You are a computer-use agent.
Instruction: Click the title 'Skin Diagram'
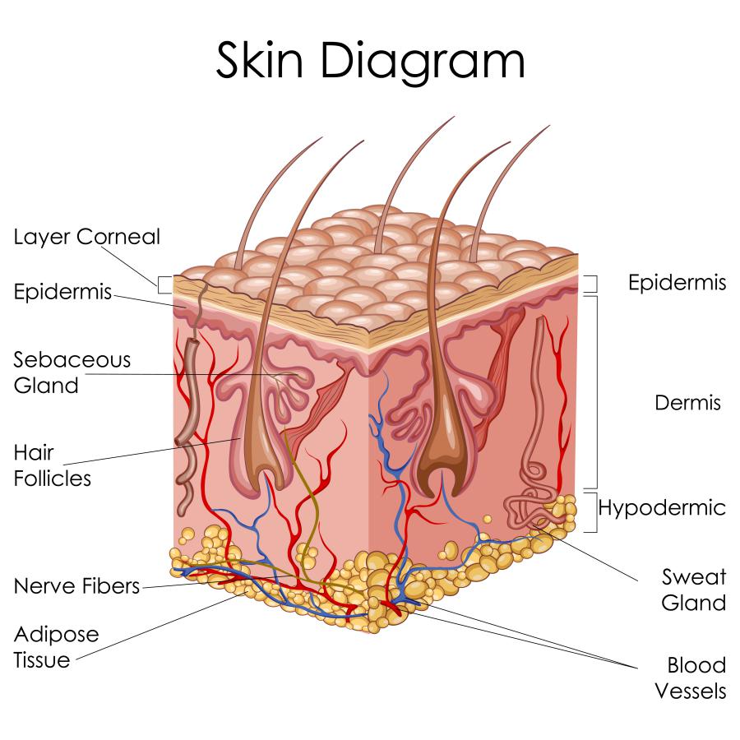click(x=371, y=60)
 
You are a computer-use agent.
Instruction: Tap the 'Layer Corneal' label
click(x=87, y=237)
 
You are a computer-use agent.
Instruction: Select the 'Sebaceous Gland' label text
click(x=72, y=372)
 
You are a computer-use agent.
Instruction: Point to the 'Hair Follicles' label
click(x=52, y=465)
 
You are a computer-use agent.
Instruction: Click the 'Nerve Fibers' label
click(x=76, y=586)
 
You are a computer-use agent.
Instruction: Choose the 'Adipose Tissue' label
click(x=56, y=647)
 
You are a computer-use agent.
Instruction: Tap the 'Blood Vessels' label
click(x=691, y=678)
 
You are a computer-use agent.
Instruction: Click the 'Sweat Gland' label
click(x=693, y=590)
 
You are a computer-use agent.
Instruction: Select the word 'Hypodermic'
click(x=662, y=508)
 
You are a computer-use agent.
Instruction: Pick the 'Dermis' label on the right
click(x=687, y=403)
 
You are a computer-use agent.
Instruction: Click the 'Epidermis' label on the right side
click(x=677, y=282)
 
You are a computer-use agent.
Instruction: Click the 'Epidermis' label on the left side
click(x=62, y=291)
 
